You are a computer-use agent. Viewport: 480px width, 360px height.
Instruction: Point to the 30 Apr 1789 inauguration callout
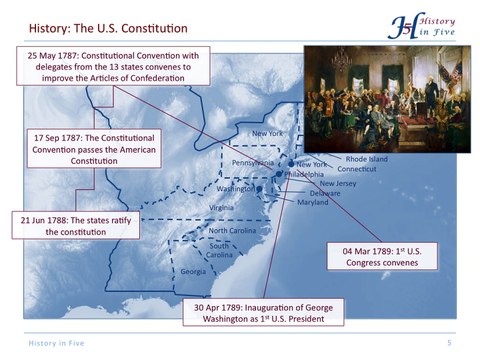(262, 312)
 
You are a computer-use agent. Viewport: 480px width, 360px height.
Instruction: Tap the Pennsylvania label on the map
(252, 162)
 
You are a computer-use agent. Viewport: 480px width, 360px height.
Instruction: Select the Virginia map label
(221, 207)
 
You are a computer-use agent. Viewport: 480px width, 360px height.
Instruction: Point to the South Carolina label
(221, 250)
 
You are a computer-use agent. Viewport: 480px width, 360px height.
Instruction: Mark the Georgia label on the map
(193, 272)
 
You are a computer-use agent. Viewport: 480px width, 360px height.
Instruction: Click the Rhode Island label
(366, 158)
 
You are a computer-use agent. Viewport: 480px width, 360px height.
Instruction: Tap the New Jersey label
(338, 183)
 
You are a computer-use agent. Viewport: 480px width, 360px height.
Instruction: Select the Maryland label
(313, 202)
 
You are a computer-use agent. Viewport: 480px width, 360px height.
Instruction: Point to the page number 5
(450, 343)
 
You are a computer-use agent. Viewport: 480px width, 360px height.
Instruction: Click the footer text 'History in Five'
(56, 343)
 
